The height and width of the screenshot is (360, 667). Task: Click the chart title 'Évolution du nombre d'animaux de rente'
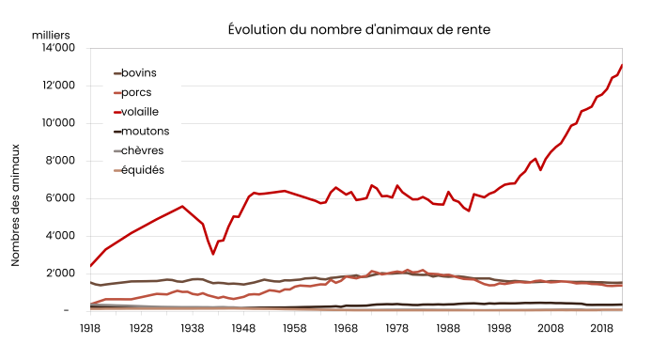359,29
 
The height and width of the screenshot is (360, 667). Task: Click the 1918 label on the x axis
90,328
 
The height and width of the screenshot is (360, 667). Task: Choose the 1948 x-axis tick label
243,328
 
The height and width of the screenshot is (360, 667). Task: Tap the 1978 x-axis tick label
397,328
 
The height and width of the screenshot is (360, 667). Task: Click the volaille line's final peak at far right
622,65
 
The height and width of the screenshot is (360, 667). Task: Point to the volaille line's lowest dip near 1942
213,254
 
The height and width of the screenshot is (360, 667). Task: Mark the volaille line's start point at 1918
90,266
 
